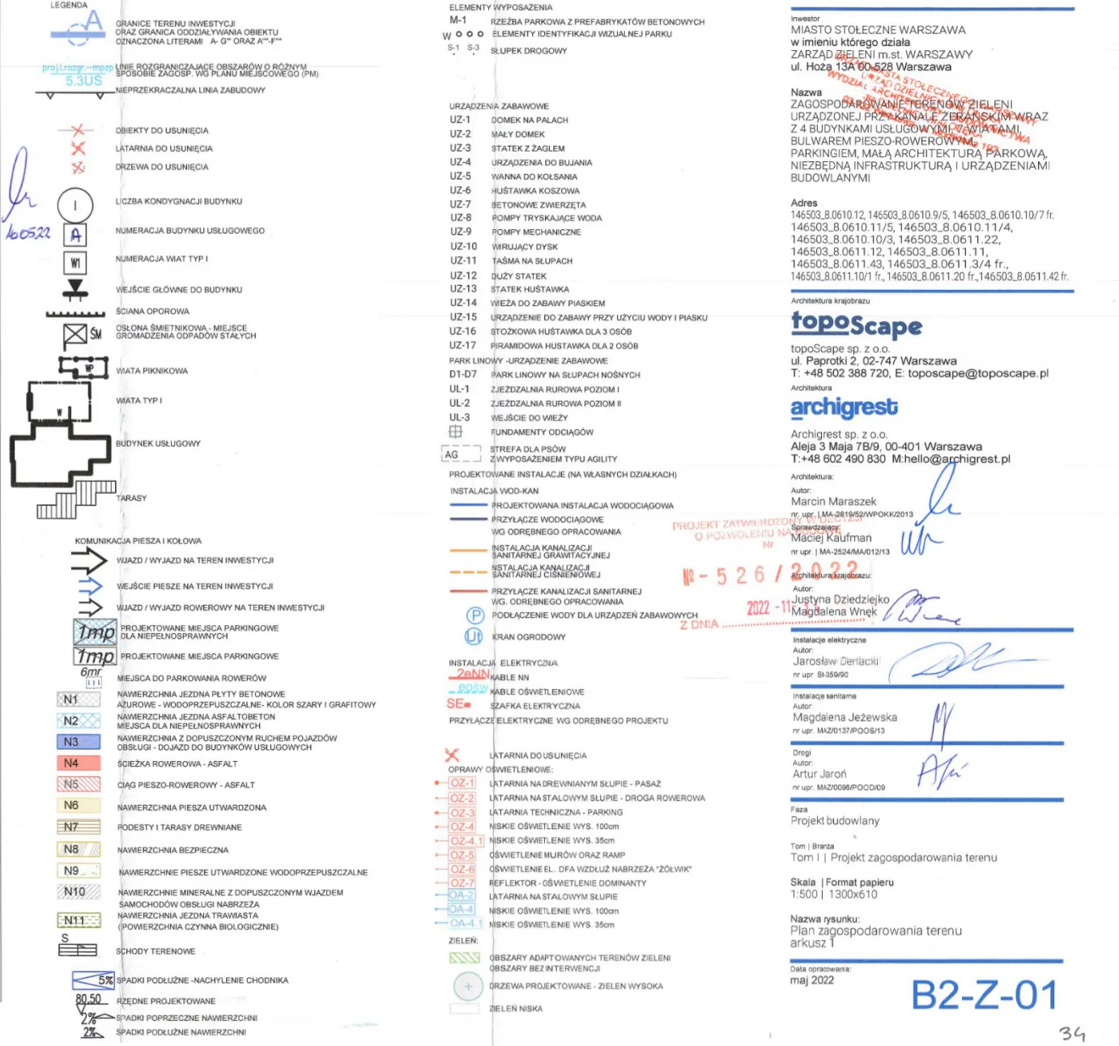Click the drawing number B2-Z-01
984,995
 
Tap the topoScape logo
857,324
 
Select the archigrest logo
844,407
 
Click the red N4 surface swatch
79,763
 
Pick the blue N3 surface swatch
79,742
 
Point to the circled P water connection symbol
474,615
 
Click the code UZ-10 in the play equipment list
463,246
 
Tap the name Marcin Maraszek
833,501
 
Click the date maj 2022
811,980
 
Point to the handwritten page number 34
1071,1034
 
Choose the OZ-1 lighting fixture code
462,783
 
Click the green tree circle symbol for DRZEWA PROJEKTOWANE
468,986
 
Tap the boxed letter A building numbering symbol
75,235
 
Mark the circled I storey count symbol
75,205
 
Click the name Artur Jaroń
819,774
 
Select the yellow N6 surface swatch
79,806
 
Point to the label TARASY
131,498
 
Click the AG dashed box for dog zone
461,454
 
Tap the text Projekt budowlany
834,820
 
